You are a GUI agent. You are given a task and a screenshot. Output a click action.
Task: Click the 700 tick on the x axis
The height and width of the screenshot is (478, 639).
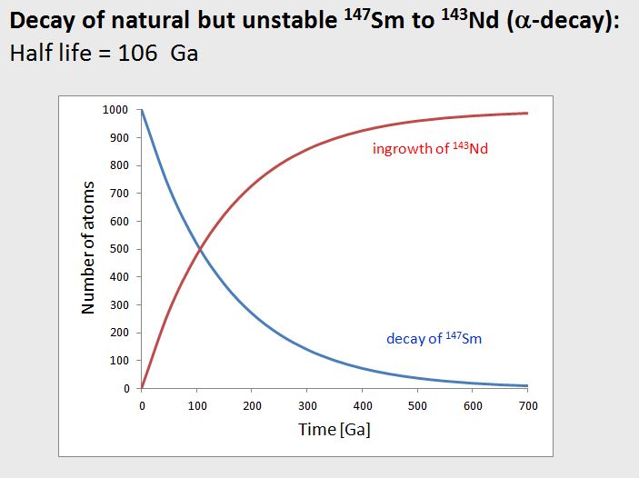tap(527, 406)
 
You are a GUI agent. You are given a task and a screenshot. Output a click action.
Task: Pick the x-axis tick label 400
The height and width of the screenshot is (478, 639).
tap(362, 406)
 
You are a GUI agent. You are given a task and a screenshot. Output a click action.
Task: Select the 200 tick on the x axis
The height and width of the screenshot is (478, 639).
tap(252, 406)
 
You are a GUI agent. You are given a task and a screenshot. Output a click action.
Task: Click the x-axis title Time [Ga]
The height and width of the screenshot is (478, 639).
tap(334, 429)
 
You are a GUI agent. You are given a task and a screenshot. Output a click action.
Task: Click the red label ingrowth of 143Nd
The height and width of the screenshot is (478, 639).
tap(430, 148)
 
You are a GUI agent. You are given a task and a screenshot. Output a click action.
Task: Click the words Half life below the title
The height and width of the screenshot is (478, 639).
tap(45, 53)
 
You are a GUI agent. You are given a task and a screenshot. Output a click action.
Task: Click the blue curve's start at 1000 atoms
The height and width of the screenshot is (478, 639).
tap(142, 110)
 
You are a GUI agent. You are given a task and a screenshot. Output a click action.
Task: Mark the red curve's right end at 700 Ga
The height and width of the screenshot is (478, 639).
tap(527, 113)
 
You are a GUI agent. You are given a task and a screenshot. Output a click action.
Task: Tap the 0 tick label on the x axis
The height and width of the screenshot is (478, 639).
tap(142, 406)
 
